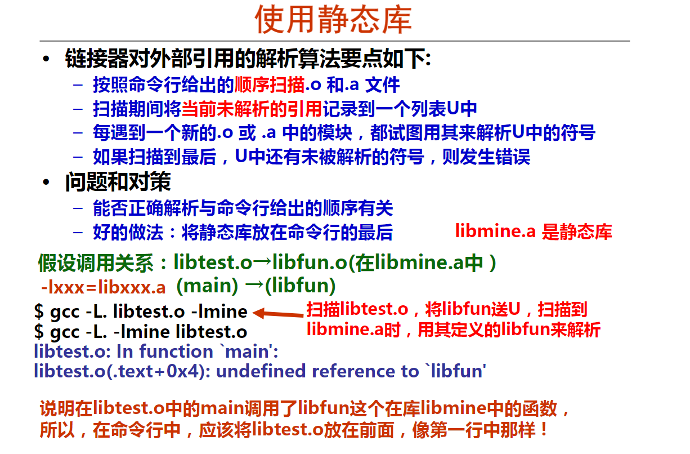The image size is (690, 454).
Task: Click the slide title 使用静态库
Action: pos(333,19)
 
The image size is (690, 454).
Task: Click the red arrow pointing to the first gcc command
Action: pos(278,313)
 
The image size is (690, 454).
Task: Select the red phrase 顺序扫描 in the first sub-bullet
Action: pos(270,84)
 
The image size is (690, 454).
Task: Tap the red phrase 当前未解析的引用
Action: pos(252,109)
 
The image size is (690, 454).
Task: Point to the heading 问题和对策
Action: pos(118,182)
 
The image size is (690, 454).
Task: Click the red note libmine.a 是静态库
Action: pos(534,231)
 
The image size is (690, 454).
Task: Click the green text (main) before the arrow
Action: pos(207,286)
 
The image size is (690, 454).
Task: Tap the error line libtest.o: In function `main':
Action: pos(156,351)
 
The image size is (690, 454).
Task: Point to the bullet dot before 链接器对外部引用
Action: pos(46,59)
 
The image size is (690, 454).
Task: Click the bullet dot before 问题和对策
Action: pos(46,182)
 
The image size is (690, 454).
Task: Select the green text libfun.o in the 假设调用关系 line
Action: pos(310,262)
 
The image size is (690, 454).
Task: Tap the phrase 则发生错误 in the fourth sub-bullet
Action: pos(486,157)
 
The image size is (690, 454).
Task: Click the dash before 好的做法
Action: pos(78,232)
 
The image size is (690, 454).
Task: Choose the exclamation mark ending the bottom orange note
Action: pos(544,429)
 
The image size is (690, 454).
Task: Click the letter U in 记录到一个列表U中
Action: pos(452,109)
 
